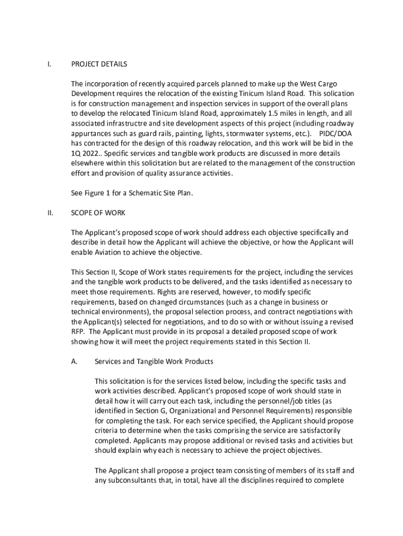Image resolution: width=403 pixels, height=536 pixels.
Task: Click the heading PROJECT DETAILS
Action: [99, 64]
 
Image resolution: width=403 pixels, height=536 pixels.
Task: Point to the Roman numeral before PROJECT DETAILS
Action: [49, 64]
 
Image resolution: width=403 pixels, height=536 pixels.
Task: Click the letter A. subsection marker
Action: [74, 362]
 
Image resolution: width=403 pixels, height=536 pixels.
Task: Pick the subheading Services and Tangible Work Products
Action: [153, 362]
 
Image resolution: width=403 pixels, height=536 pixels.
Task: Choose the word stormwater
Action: [247, 133]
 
